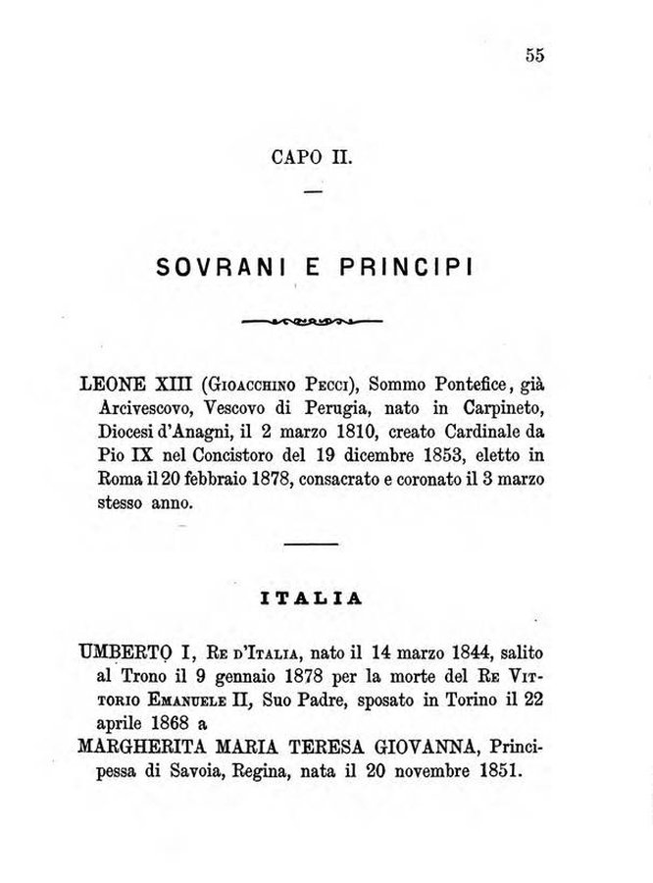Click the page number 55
[534, 55]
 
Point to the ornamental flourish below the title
[311, 321]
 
